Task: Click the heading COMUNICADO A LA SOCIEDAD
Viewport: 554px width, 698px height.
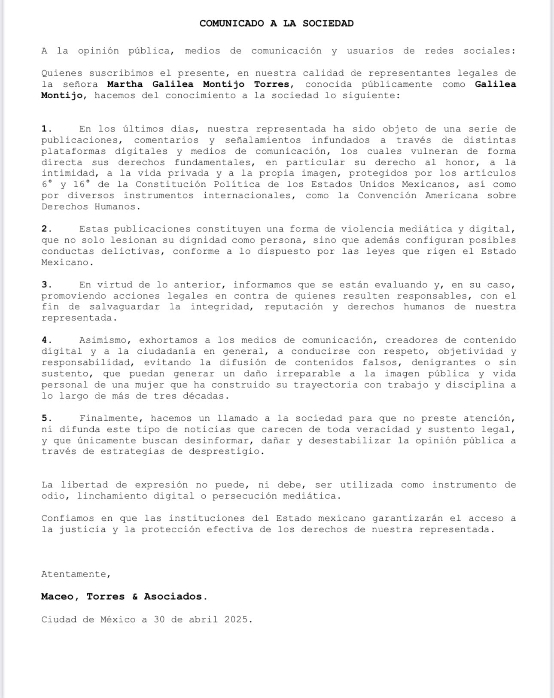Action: pos(276,24)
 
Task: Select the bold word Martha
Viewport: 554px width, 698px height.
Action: pos(125,84)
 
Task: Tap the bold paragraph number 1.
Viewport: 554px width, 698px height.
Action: pos(46,129)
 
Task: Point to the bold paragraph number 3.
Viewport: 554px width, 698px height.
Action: pos(46,285)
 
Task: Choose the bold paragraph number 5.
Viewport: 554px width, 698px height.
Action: pos(46,418)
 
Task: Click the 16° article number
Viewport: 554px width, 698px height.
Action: pos(82,184)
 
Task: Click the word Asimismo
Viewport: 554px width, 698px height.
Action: pos(103,340)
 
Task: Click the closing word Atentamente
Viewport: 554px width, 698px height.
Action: pos(76,574)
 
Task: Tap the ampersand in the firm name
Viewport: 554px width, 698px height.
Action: pos(135,597)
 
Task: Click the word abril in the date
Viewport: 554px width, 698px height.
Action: pos(203,619)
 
